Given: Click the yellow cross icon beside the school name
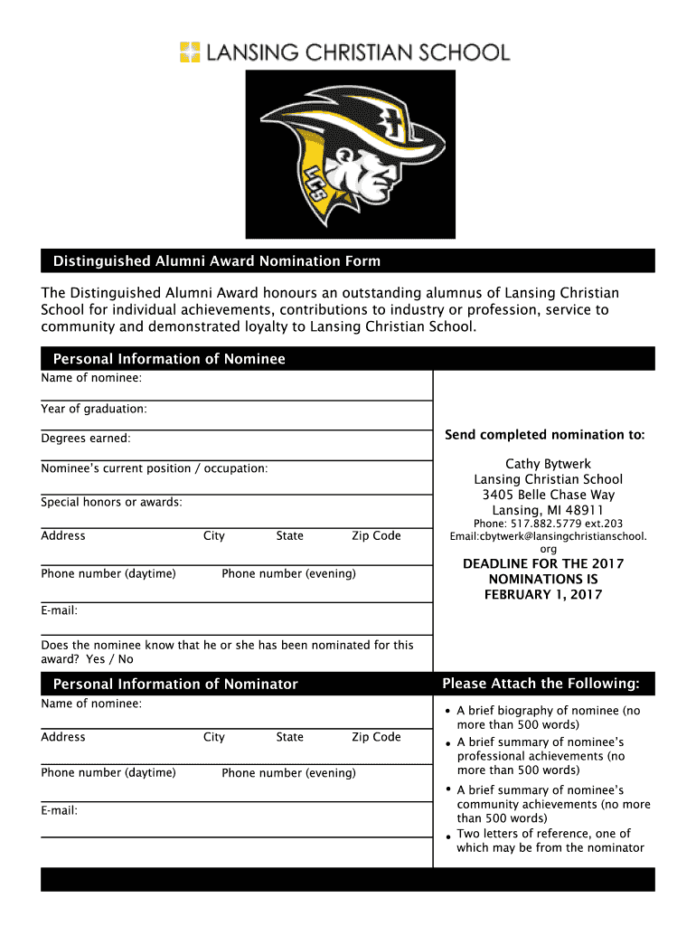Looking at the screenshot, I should point(190,52).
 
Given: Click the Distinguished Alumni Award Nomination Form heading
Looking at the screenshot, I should point(217,261).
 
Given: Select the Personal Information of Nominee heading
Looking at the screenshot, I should point(169,359).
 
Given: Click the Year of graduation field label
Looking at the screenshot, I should point(94,409).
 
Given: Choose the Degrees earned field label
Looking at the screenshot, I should point(86,439).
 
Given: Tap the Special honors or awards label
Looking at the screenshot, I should point(111,502).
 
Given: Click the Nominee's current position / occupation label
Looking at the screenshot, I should point(154,468).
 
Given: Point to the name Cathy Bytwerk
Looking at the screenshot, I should point(548,464).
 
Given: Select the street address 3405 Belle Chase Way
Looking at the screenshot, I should point(548,495).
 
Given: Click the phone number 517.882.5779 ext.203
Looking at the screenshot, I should point(548,524).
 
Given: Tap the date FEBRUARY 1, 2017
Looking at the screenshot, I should point(543,594).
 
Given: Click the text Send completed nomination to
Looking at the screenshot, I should point(544,435).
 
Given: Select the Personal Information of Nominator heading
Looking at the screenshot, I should point(175,684).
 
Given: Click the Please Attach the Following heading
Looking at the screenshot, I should point(541,683).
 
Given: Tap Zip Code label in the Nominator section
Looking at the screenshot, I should point(376,737).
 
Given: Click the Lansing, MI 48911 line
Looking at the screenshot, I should point(548,510).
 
